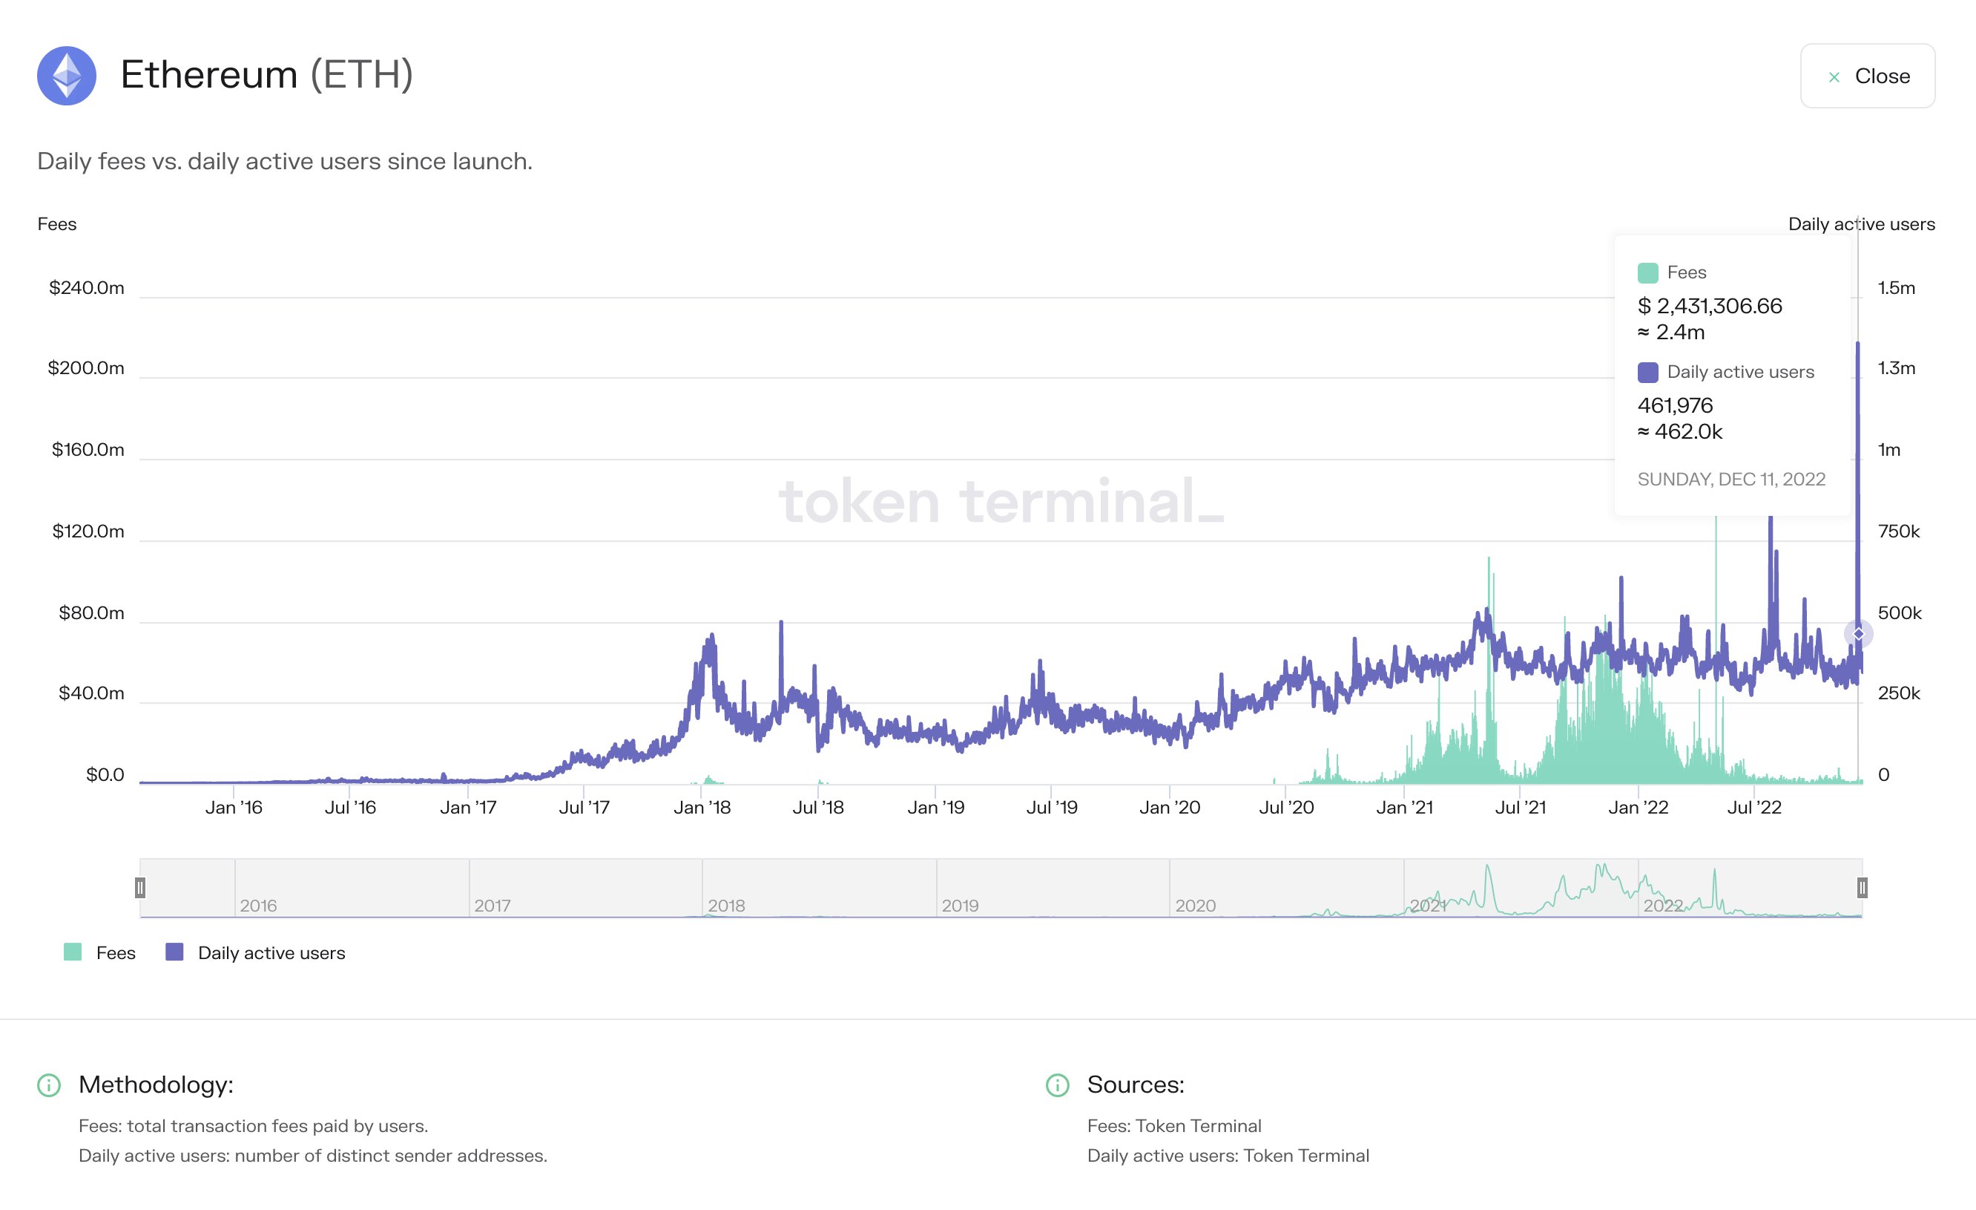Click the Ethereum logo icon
67,76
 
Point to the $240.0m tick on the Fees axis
87,287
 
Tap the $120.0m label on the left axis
88,532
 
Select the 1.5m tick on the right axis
1896,287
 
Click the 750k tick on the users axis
1898,532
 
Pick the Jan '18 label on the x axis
702,807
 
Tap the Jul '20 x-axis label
1286,807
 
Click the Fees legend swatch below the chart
73,952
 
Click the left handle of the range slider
140,887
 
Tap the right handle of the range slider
1862,887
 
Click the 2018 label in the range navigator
727,906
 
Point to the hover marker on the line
1858,634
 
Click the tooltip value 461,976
1676,405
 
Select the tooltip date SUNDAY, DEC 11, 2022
1730,479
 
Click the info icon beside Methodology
49,1085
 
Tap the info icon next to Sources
1058,1085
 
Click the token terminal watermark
1001,502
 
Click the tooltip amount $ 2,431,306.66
1710,306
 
